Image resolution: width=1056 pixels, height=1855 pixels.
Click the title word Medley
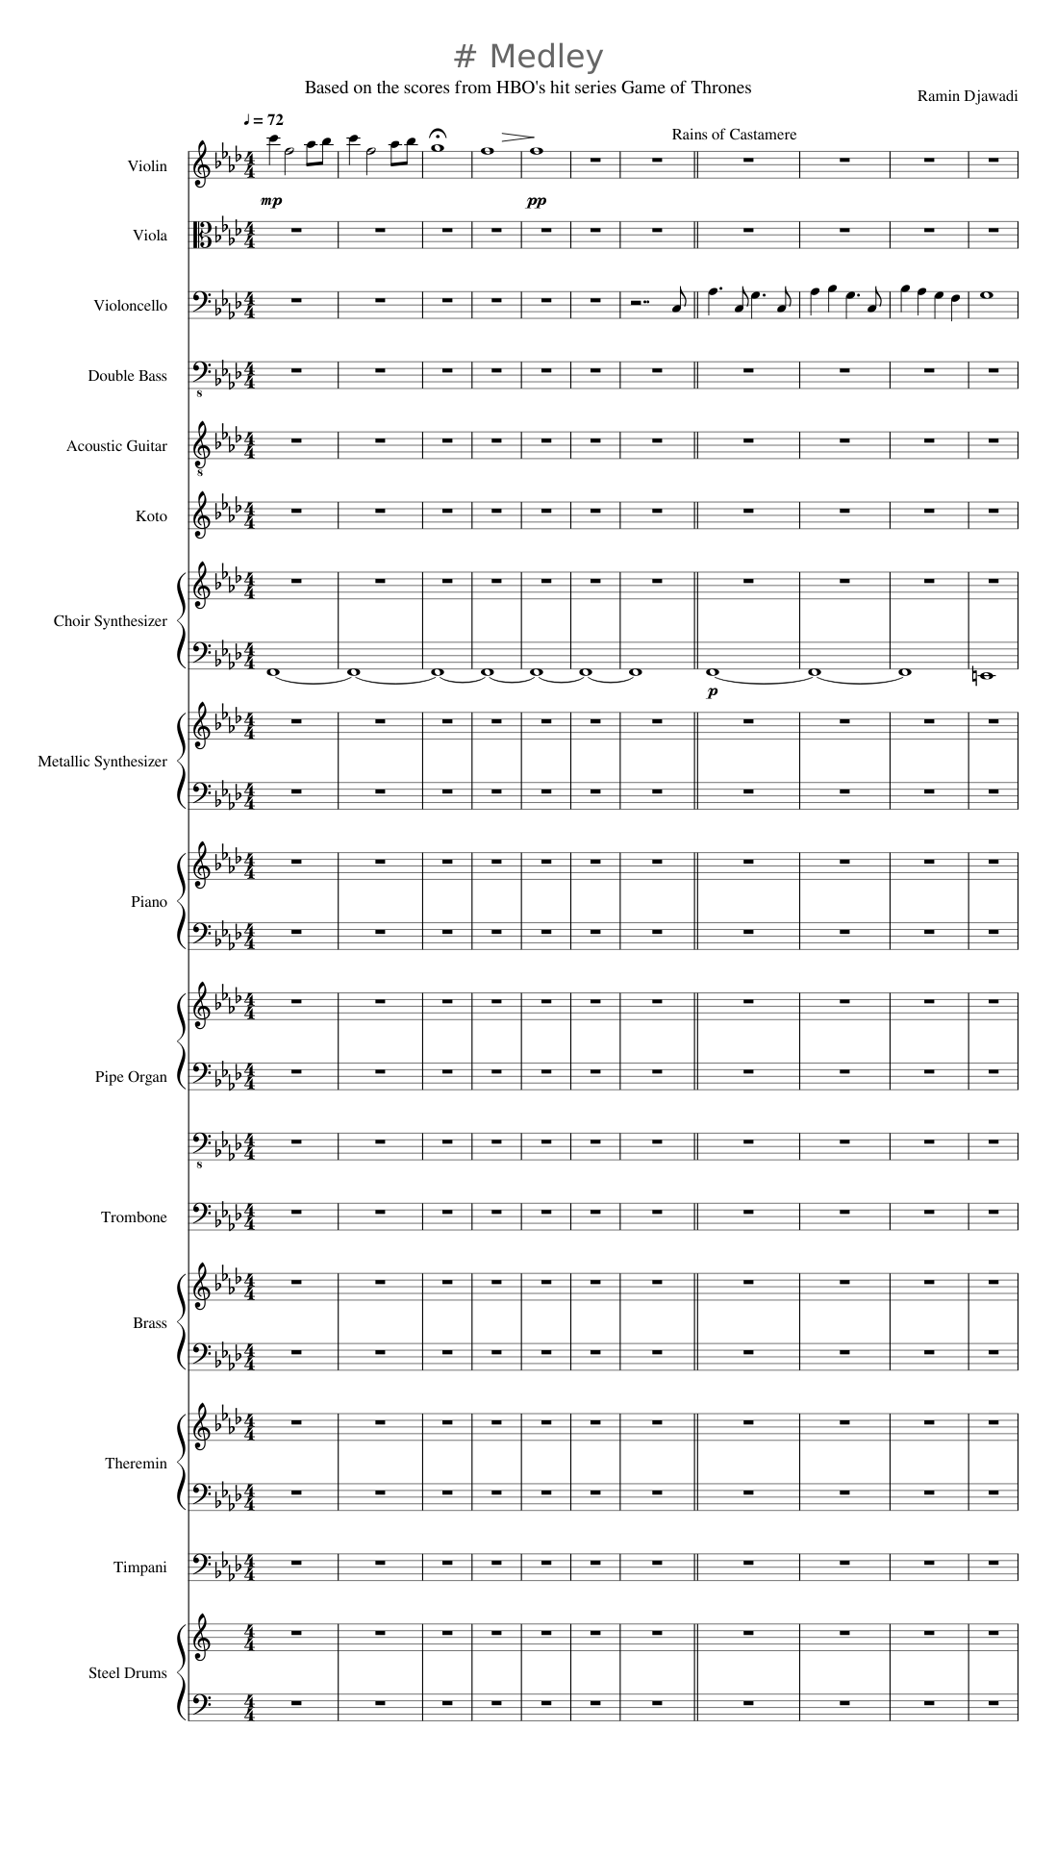[545, 57]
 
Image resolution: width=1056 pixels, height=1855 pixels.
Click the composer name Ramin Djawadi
[967, 95]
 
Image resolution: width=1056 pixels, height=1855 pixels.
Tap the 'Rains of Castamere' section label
[733, 135]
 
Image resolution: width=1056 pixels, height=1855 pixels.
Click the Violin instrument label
[147, 166]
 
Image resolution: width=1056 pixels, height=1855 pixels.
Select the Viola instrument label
[149, 236]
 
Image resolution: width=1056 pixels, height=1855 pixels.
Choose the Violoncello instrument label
[130, 306]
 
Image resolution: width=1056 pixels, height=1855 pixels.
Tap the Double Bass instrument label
[127, 376]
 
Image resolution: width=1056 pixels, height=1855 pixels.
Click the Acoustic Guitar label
[116, 446]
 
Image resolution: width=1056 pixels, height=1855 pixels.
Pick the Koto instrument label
[151, 516]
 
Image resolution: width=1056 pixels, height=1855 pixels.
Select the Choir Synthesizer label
[110, 621]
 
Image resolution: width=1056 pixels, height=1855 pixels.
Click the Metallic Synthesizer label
[102, 762]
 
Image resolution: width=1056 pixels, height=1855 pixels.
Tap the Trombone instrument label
[134, 1217]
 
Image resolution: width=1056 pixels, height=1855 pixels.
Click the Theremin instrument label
[136, 1464]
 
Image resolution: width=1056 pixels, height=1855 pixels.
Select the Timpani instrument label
[139, 1567]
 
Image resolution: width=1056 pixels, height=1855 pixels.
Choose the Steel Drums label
[127, 1673]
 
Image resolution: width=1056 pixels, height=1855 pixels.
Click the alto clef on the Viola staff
[199, 236]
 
